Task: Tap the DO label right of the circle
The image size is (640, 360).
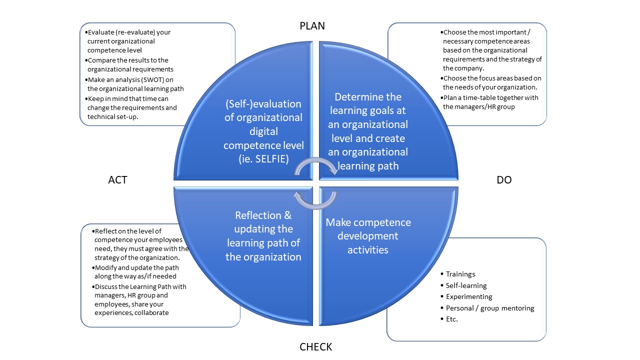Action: pos(504,180)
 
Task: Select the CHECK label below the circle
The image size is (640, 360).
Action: pos(315,346)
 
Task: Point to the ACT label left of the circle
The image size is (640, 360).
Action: pos(117,180)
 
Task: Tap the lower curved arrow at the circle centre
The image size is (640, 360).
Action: pos(315,198)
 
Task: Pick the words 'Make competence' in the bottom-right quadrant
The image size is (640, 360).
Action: pos(368,222)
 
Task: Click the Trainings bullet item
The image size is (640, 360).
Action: pos(460,274)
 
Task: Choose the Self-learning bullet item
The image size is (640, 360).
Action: pos(466,285)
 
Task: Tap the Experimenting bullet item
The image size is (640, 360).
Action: pos(469,296)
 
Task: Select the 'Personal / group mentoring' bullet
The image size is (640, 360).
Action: pos(490,308)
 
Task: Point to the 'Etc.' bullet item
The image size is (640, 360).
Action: pos(451,319)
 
